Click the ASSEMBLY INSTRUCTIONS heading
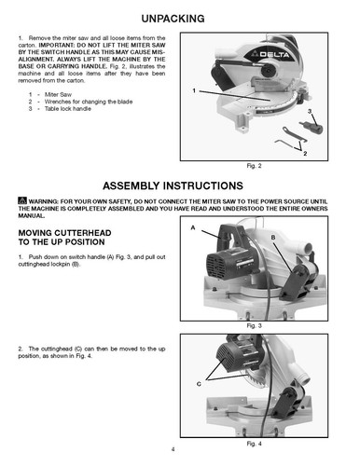[x=180, y=184]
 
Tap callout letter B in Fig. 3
[x=273, y=239]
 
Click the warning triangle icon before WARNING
[x=22, y=200]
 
